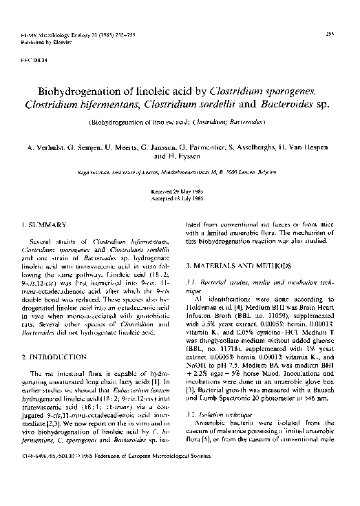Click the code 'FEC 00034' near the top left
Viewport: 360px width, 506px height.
(35, 60)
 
